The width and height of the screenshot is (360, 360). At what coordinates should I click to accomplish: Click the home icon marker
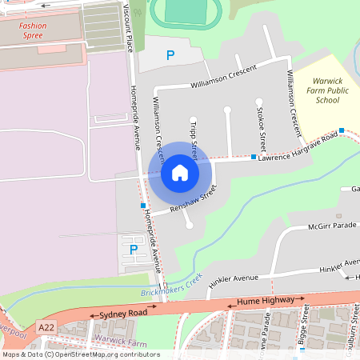pyautogui.click(x=180, y=172)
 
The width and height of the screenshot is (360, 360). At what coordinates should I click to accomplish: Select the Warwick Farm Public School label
pyautogui.click(x=327, y=90)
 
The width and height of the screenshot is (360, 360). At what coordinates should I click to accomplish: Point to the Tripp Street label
pyautogui.click(x=194, y=134)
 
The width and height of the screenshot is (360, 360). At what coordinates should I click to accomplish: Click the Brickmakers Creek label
pyautogui.click(x=170, y=286)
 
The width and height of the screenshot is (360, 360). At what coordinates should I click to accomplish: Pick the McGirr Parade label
pyautogui.click(x=332, y=226)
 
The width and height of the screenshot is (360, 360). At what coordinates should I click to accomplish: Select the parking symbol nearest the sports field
pyautogui.click(x=170, y=55)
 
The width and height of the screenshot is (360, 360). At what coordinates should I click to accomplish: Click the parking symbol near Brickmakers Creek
pyautogui.click(x=134, y=250)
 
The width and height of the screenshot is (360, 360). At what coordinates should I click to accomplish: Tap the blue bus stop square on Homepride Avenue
pyautogui.click(x=143, y=206)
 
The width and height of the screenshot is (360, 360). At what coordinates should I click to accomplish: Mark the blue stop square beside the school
pyautogui.click(x=342, y=130)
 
